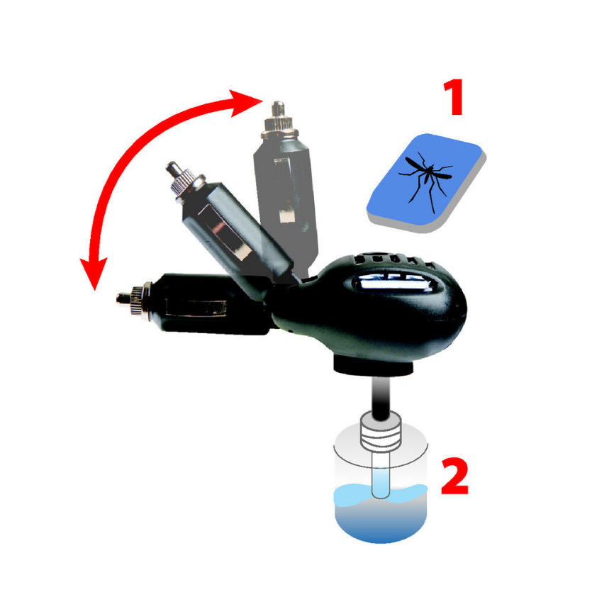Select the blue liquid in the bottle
(x=383, y=518)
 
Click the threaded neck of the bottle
(x=382, y=433)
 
